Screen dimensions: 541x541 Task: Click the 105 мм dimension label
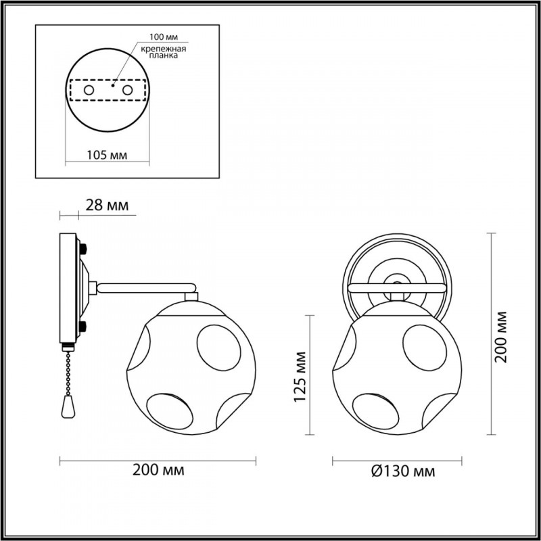click(107, 155)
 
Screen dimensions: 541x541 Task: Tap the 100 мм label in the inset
click(164, 37)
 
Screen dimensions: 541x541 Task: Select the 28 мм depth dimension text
click(107, 206)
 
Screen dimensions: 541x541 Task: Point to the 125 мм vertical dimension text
click(300, 377)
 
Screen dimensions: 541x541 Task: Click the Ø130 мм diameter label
click(403, 471)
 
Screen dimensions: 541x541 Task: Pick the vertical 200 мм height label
click(500, 337)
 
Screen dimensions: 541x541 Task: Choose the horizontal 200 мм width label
click(158, 469)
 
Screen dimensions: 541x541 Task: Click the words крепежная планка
click(164, 52)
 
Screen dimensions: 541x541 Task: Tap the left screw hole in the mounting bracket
click(89, 91)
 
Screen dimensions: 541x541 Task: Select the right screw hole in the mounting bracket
click(127, 91)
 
